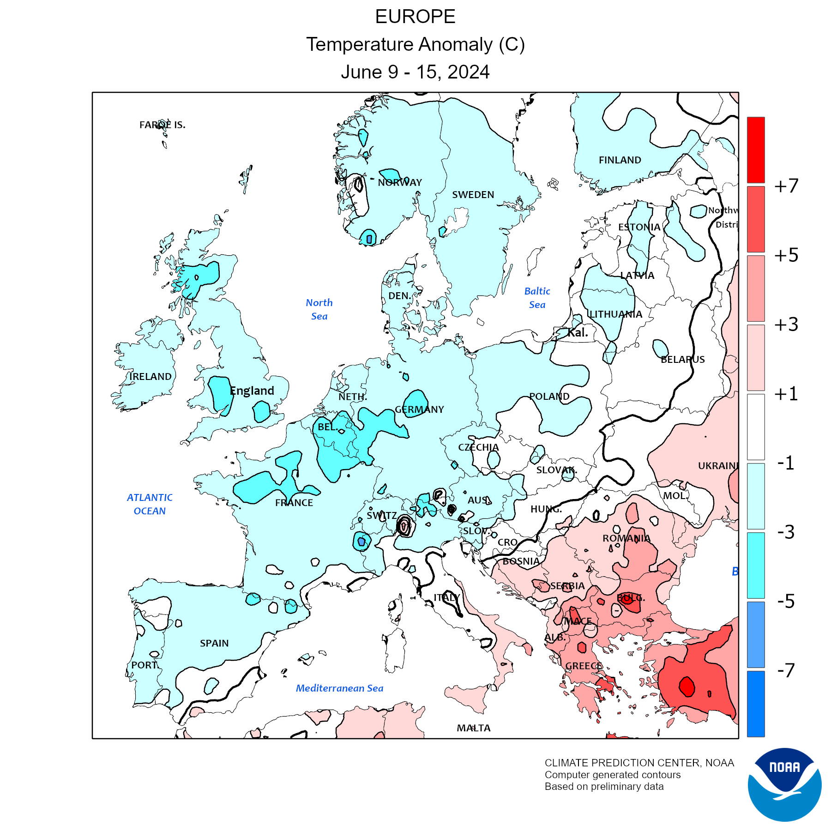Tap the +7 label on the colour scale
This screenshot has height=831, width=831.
(x=786, y=186)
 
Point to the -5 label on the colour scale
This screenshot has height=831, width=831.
(x=786, y=601)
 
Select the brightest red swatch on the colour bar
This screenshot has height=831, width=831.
(x=756, y=150)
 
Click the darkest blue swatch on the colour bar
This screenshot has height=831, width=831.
(x=756, y=704)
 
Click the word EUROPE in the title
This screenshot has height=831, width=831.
(x=415, y=17)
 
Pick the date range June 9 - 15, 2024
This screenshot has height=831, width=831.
(x=415, y=72)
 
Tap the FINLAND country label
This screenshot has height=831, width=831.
(x=620, y=160)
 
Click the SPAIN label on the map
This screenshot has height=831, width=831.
(x=214, y=643)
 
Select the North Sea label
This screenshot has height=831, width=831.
(x=319, y=309)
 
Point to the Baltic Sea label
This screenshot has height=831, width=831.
(x=537, y=298)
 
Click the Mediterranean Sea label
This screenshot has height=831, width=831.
(x=339, y=688)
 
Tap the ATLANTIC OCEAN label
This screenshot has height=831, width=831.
(x=150, y=504)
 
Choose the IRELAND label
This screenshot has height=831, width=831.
(x=151, y=377)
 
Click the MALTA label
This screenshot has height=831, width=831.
(x=474, y=728)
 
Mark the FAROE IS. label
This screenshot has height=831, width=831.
(x=163, y=125)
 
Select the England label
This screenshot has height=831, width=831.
(x=252, y=391)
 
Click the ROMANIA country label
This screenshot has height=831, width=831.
(x=626, y=538)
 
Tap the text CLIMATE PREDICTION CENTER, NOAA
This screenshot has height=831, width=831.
(x=639, y=763)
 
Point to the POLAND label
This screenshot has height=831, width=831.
(x=549, y=397)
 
